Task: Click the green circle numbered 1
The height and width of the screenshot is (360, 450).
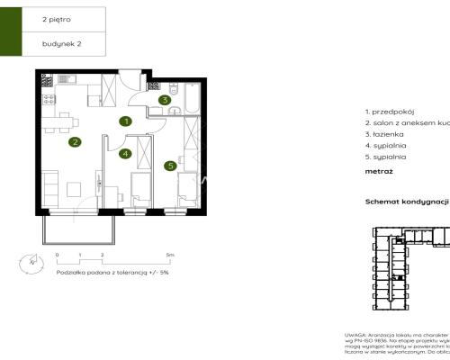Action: coord(128,121)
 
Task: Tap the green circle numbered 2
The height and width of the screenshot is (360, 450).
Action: coord(76,141)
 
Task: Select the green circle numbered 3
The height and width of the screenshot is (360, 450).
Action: coord(165,100)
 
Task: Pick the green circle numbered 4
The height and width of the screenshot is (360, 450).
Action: coord(126,154)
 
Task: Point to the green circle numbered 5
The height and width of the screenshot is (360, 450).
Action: coord(169,166)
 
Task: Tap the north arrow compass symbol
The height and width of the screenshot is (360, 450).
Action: coord(31,262)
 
